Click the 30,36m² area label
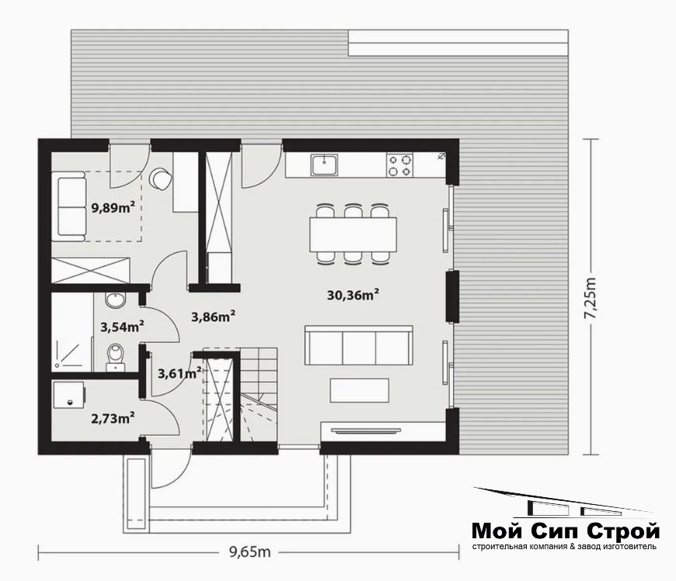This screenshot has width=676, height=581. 353,295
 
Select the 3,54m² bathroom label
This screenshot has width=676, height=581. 122,327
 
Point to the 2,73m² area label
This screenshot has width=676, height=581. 113,418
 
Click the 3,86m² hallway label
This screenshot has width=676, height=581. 213,317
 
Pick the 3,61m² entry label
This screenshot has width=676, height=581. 179,373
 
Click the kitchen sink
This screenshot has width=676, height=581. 325,165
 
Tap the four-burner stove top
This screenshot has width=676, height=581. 399,165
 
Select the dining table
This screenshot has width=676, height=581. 353,235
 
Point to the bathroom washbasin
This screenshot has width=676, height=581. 116,300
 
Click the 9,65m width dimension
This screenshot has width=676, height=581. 249,551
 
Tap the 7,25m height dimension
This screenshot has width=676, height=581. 591,297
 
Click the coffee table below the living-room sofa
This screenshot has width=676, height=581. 360,391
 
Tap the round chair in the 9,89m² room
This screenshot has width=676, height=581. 160,179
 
